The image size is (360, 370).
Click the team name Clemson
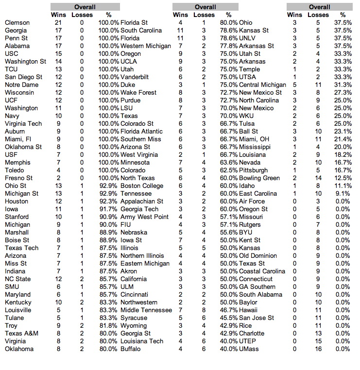(17, 23)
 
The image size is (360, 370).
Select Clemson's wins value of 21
(58, 23)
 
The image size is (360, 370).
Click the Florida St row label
(134, 23)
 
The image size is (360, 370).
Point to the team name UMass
(250, 349)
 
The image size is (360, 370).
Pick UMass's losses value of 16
(319, 349)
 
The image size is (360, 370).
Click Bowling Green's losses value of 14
(319, 178)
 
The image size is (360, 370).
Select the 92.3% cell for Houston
(107, 202)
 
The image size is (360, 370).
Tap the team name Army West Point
(145, 217)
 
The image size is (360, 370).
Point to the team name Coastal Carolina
(262, 271)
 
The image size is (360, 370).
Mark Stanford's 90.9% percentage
(107, 217)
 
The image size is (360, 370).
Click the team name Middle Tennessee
(146, 310)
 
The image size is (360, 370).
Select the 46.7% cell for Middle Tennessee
(228, 310)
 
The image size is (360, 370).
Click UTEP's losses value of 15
(319, 341)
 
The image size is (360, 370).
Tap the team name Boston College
(142, 186)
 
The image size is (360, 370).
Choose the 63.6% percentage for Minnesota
(228, 163)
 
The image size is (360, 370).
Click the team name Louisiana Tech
(142, 341)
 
